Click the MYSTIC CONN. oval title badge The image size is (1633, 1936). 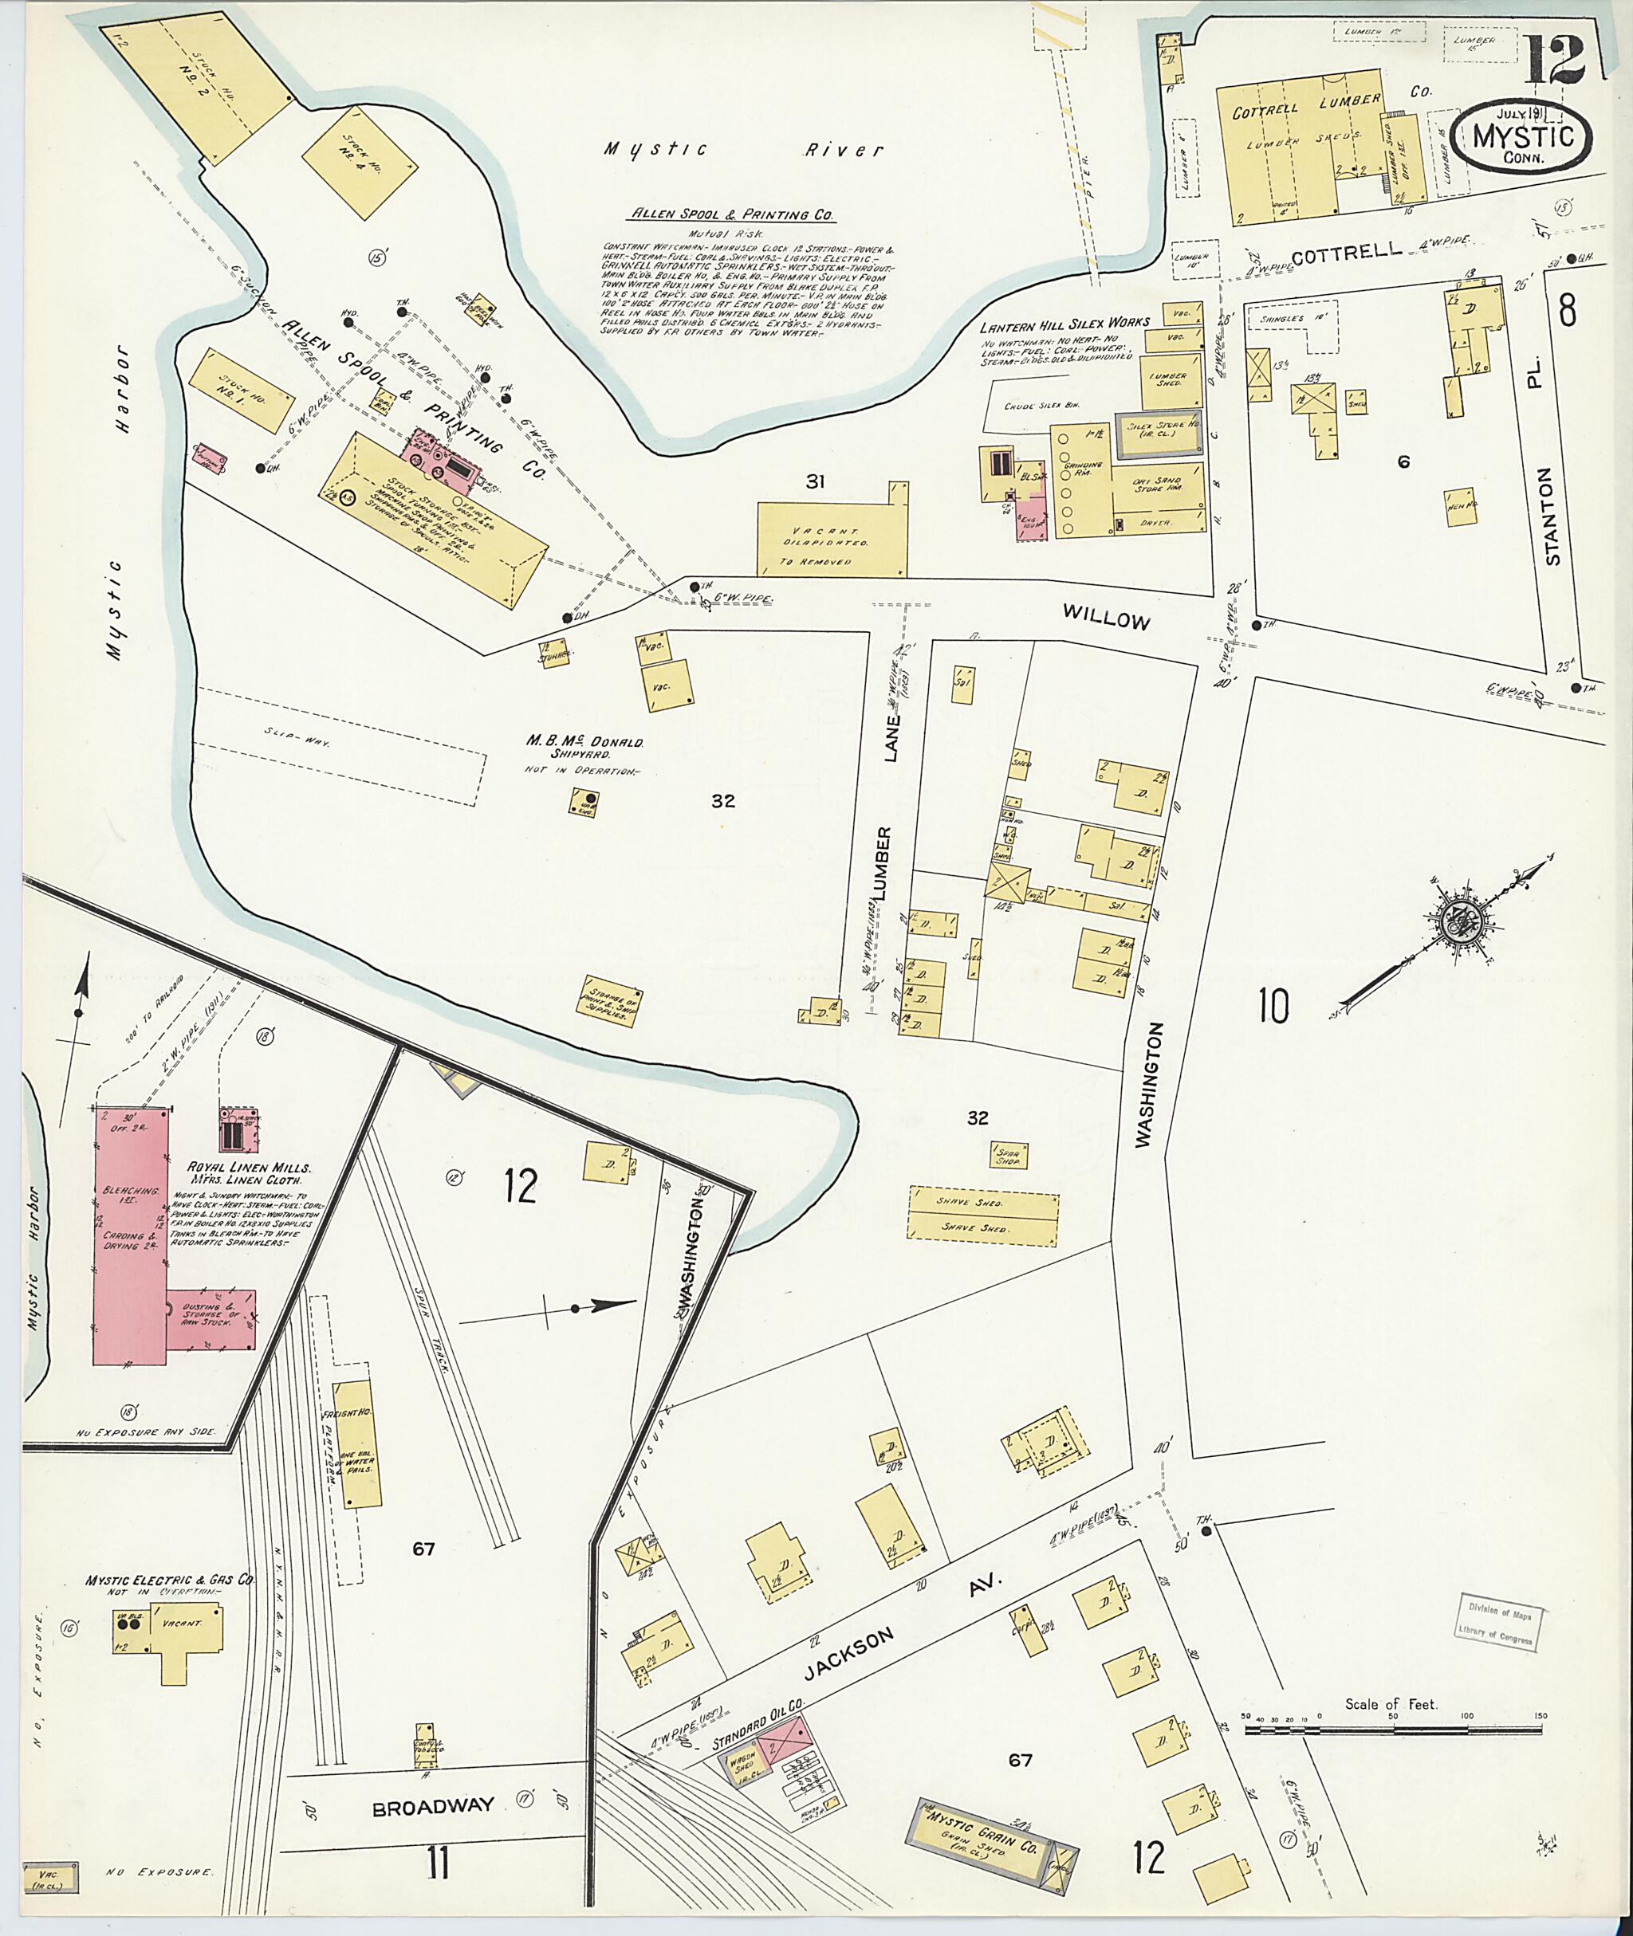1522,138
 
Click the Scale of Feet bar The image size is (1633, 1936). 1393,1729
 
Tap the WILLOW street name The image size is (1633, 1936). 1105,617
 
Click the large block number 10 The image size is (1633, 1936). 1273,1006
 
